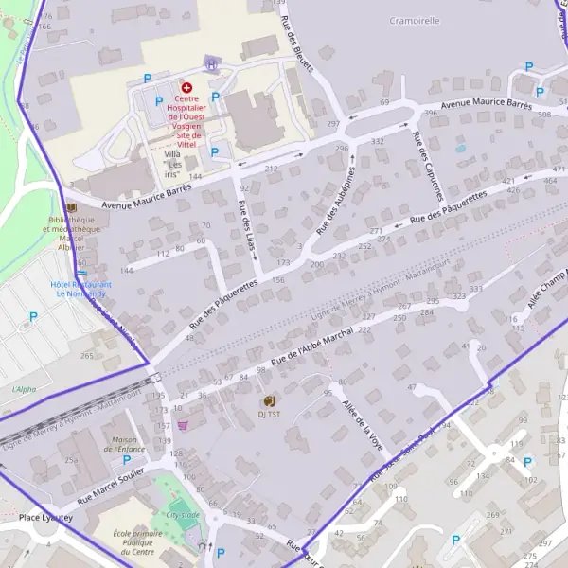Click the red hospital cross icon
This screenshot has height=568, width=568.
(x=186, y=87)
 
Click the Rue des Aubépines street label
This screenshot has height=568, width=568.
(x=335, y=200)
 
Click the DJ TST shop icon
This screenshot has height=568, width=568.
(x=269, y=400)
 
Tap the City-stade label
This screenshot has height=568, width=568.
(x=183, y=514)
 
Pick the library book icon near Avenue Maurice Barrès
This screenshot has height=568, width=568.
(x=72, y=207)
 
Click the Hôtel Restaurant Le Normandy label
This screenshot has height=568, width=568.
(x=81, y=289)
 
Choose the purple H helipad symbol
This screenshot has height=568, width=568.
(x=212, y=65)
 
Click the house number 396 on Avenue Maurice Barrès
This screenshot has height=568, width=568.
(x=431, y=114)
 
